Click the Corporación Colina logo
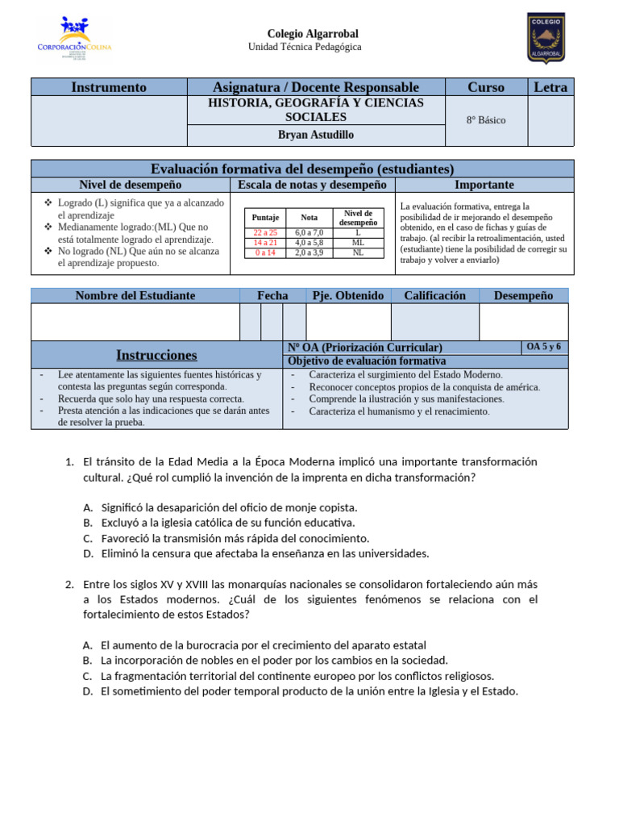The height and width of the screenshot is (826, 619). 74,38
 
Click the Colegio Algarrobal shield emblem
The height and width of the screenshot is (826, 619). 546,37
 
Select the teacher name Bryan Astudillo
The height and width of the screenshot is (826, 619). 315,135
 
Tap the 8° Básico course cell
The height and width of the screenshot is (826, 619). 486,120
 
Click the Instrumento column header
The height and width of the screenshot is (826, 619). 109,87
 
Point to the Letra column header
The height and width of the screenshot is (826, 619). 550,87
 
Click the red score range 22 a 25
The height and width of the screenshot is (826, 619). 265,232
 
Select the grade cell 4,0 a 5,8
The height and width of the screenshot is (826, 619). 309,242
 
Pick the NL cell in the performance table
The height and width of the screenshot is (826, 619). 358,252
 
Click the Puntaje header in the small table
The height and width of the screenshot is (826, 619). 265,218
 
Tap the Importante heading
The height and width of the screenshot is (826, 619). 484,185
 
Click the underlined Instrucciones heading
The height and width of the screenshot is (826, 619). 156,355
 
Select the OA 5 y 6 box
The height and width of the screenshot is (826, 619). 543,347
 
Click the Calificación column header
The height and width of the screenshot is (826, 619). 434,295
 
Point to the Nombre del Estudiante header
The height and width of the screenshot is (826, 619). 135,295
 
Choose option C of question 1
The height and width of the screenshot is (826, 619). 235,538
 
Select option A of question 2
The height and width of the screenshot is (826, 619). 263,645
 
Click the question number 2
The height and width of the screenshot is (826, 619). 69,584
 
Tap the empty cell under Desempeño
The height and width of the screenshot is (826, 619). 523,322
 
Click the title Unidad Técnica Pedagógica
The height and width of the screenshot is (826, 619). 305,47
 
